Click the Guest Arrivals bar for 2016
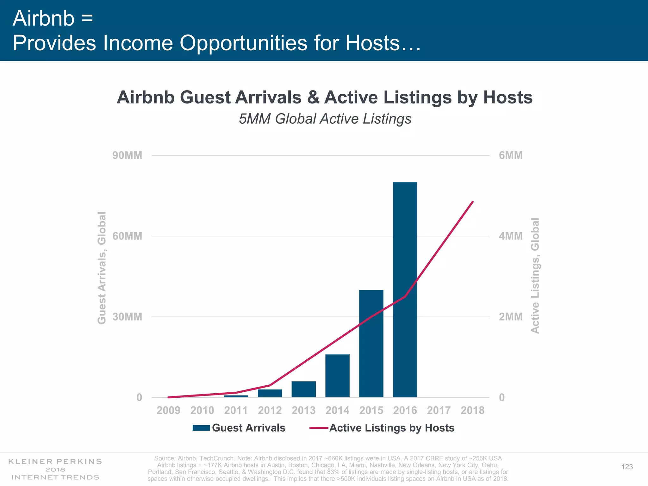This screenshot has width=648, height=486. [405, 290]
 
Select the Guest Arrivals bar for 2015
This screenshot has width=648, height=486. [371, 343]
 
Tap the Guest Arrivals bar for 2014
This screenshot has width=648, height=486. [337, 376]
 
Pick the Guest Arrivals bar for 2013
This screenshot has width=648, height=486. [303, 389]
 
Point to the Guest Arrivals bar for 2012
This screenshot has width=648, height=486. [270, 393]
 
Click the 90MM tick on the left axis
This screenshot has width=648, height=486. [127, 155]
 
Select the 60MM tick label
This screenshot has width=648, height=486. [127, 236]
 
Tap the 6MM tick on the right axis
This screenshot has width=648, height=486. [511, 155]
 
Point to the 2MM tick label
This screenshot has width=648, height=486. [511, 317]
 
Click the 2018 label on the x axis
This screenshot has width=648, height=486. [472, 410]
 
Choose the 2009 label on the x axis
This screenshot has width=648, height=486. [168, 410]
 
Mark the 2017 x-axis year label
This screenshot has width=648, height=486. [439, 410]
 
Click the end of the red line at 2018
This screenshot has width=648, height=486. [472, 202]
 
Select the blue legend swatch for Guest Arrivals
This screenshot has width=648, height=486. [201, 428]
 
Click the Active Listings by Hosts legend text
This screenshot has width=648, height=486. [392, 428]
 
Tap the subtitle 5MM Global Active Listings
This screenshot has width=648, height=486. [325, 119]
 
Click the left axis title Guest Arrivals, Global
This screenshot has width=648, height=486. [102, 268]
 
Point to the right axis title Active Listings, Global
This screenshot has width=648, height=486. [535, 275]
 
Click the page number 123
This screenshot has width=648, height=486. [627, 467]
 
